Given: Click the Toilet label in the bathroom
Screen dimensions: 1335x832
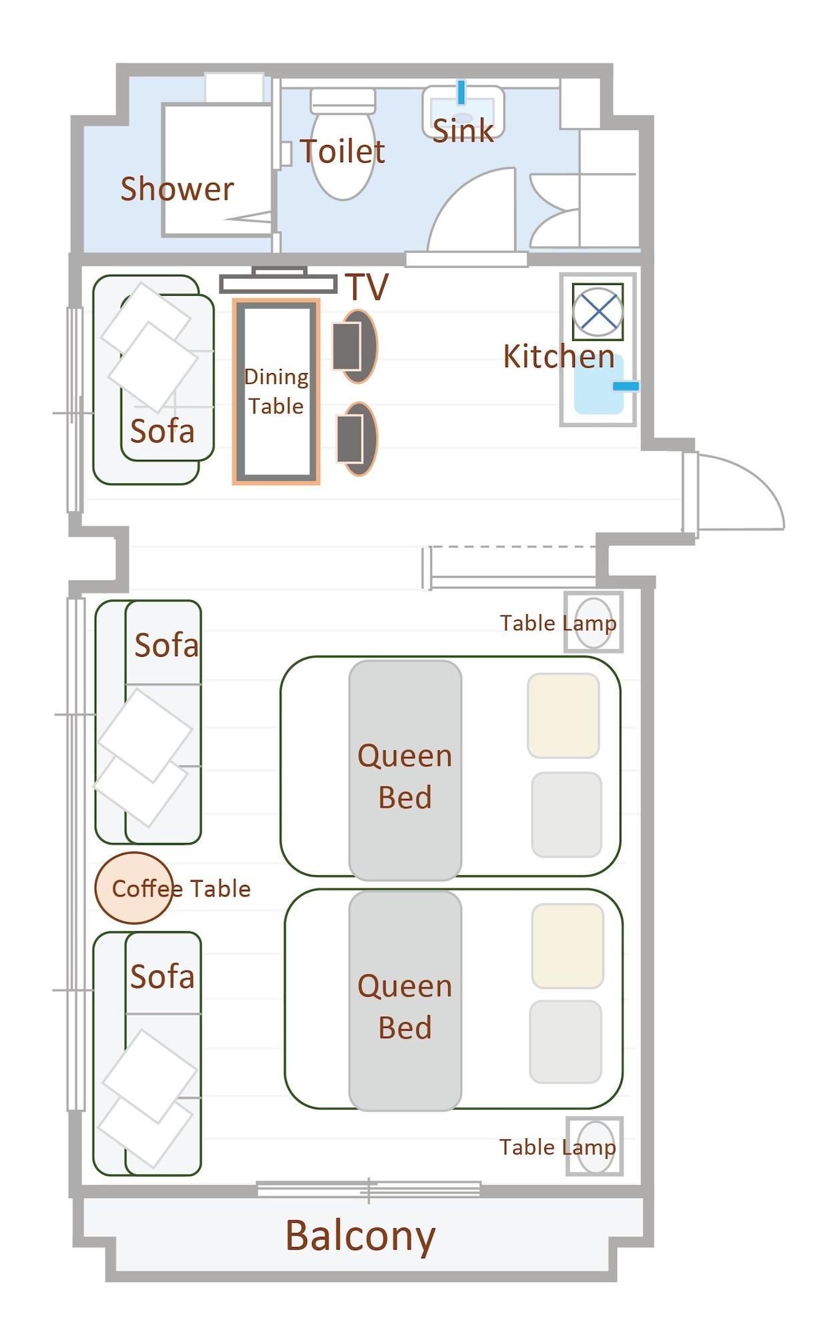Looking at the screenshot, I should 342,152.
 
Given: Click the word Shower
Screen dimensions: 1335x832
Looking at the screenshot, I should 177,189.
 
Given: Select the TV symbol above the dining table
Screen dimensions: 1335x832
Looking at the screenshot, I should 278,283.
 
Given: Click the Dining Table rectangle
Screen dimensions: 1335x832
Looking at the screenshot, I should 276,392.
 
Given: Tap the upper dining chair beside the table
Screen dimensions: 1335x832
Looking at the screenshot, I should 355,346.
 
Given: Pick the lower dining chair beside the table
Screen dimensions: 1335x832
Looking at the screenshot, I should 357,439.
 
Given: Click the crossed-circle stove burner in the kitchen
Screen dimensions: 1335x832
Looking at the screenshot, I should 598,312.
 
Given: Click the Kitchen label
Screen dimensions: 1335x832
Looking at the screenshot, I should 558,356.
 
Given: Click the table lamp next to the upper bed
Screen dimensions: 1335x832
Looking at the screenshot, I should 594,622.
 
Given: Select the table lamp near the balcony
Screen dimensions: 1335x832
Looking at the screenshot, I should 595,1147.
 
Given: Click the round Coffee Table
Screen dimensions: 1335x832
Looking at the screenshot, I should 134,888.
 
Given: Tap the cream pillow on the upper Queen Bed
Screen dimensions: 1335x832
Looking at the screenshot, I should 563,715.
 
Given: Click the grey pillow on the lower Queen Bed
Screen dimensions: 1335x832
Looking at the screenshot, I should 566,1041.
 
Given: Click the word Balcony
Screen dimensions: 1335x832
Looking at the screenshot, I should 360,1236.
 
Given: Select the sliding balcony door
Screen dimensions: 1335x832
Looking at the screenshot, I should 369,1189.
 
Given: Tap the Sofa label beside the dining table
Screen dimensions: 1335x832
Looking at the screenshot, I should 162,431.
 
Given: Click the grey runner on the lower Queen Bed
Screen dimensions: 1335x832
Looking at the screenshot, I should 405,1001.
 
